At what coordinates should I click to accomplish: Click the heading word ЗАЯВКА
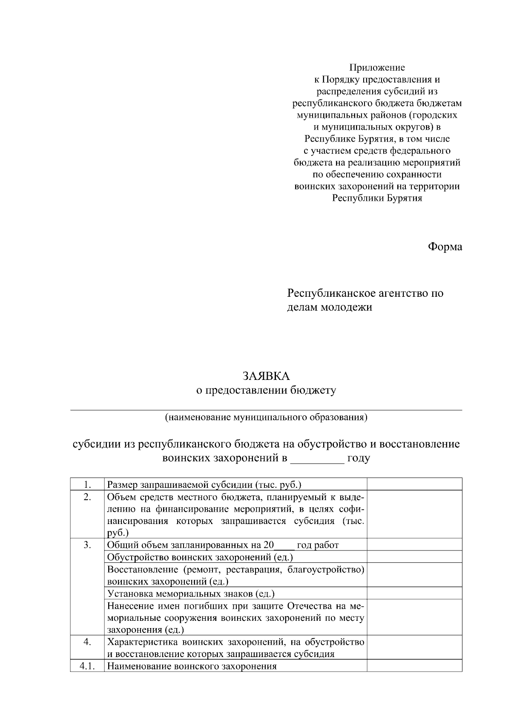266,376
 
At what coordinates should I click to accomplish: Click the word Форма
445,247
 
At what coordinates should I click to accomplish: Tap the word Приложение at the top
377,67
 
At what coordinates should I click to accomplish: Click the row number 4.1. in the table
87,666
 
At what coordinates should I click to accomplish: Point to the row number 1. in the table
87,484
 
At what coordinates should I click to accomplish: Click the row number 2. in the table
87,497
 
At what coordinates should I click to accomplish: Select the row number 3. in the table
87,545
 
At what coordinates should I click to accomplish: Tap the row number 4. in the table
87,642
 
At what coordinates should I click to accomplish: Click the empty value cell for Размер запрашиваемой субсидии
414,484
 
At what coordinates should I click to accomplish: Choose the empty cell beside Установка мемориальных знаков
414,594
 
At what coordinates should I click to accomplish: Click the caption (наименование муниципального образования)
266,417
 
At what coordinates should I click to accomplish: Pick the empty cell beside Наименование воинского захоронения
414,666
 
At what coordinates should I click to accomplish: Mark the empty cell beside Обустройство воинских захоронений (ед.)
414,557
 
